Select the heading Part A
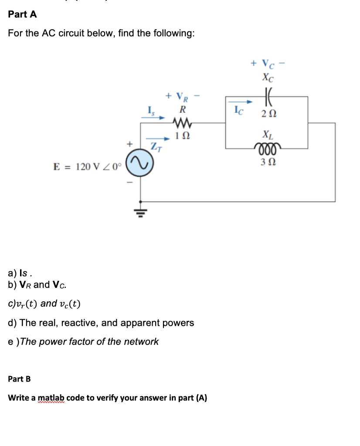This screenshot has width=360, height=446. click(22, 14)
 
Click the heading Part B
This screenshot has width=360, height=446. click(20, 378)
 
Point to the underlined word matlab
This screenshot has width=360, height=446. click(51, 398)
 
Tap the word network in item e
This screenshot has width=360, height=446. click(141, 341)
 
